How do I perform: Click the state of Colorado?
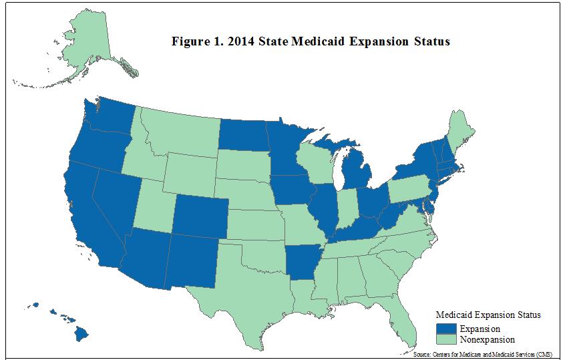[200, 216]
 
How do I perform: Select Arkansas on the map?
[302, 262]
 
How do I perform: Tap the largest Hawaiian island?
[81, 335]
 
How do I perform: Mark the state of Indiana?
[347, 208]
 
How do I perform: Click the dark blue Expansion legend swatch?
[446, 329]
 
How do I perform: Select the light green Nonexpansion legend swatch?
[446, 339]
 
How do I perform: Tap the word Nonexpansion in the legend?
[488, 339]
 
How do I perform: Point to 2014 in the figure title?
[241, 41]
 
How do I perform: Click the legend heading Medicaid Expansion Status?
[488, 315]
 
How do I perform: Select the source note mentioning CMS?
[483, 354]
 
